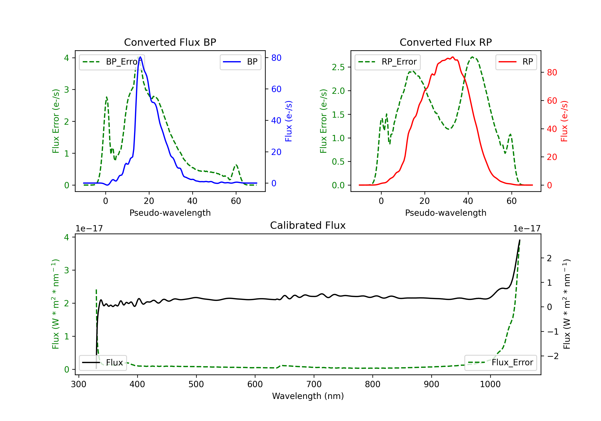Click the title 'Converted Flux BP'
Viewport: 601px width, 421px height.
[x=170, y=42]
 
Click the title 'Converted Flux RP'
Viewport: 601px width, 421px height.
[x=446, y=42]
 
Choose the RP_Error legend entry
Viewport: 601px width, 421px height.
[x=387, y=62]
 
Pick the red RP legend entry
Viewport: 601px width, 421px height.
[x=516, y=62]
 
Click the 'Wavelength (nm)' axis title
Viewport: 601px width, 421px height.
[x=308, y=396]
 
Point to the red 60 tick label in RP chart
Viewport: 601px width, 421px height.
[x=552, y=101]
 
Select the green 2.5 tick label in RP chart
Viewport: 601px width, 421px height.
[x=338, y=67]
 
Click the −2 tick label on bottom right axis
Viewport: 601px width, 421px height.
[x=552, y=356]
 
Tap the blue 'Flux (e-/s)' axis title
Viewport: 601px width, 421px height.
[x=288, y=121]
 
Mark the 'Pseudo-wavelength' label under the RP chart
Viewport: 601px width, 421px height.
[x=446, y=213]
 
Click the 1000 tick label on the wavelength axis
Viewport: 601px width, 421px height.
[x=490, y=384]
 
